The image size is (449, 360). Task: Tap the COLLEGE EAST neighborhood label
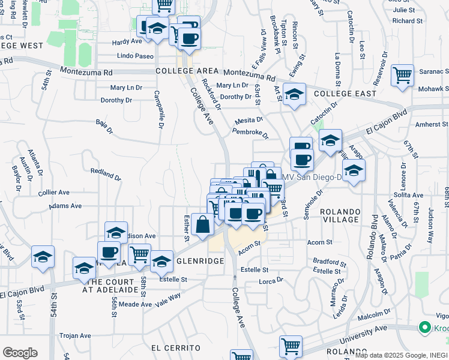point(345,94)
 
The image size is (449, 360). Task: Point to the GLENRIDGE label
point(199,261)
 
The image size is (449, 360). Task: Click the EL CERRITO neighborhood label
point(176,348)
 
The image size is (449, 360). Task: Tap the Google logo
point(20,353)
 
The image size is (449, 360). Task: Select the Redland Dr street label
point(105,175)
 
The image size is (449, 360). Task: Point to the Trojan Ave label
point(74,335)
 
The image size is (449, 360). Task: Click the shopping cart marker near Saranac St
point(402,76)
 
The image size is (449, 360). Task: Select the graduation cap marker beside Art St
point(294,95)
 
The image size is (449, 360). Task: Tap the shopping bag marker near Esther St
point(202,226)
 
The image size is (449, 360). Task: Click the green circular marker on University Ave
point(425,328)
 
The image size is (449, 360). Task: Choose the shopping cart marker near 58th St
point(139,254)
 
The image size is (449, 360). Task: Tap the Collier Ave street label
point(54,193)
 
